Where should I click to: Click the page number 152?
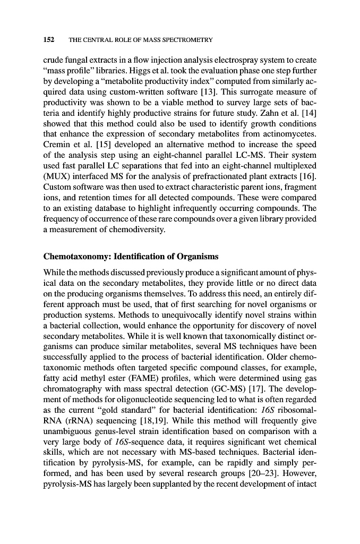pos(49,40)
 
